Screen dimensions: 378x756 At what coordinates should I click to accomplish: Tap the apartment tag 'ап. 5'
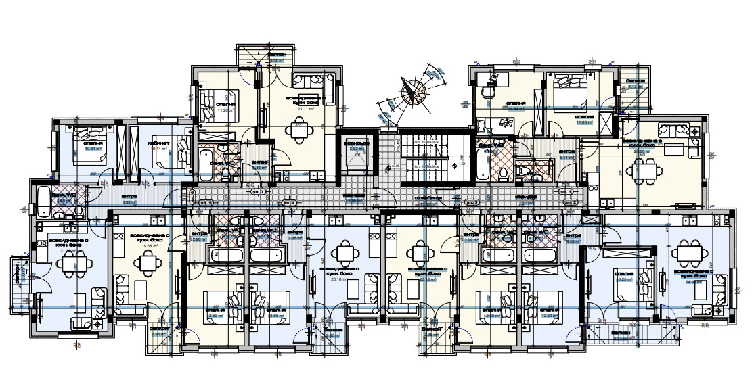click(205, 202)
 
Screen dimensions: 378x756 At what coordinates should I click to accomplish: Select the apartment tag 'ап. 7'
click(258, 193)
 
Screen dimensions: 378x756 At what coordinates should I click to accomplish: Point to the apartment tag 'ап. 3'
click(472, 202)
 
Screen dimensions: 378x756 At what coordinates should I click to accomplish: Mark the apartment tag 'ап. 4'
click(290, 202)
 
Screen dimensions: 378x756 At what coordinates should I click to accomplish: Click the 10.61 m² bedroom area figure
click(93, 149)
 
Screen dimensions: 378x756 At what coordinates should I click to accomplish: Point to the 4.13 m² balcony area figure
click(635, 87)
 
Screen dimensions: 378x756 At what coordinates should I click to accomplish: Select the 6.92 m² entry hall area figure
click(130, 202)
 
